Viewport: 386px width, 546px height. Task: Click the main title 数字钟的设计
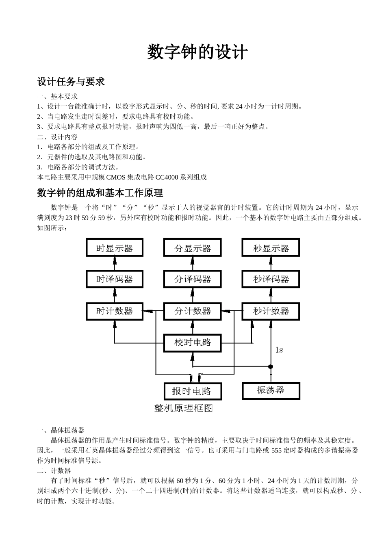197,52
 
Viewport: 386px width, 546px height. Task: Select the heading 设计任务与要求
71,82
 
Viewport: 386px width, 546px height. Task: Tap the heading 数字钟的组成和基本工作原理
100,193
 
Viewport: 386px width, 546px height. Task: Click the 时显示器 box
115,248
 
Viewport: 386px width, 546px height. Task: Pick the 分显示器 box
193,248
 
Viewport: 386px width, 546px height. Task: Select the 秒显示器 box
271,248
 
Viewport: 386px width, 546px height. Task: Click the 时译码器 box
115,279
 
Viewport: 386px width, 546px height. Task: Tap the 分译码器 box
193,279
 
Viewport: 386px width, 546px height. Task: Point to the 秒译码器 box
271,279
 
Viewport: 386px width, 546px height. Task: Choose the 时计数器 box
115,311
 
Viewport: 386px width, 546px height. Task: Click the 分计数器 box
193,311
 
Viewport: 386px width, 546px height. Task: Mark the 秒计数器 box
271,311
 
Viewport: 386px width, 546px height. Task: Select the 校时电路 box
193,342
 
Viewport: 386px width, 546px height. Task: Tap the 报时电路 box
193,391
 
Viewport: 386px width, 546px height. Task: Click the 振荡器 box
271,390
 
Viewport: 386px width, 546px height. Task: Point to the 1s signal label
279,350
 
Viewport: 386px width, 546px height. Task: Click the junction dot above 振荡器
271,367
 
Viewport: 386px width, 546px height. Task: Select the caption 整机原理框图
184,408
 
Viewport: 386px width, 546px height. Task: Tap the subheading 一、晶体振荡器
61,430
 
